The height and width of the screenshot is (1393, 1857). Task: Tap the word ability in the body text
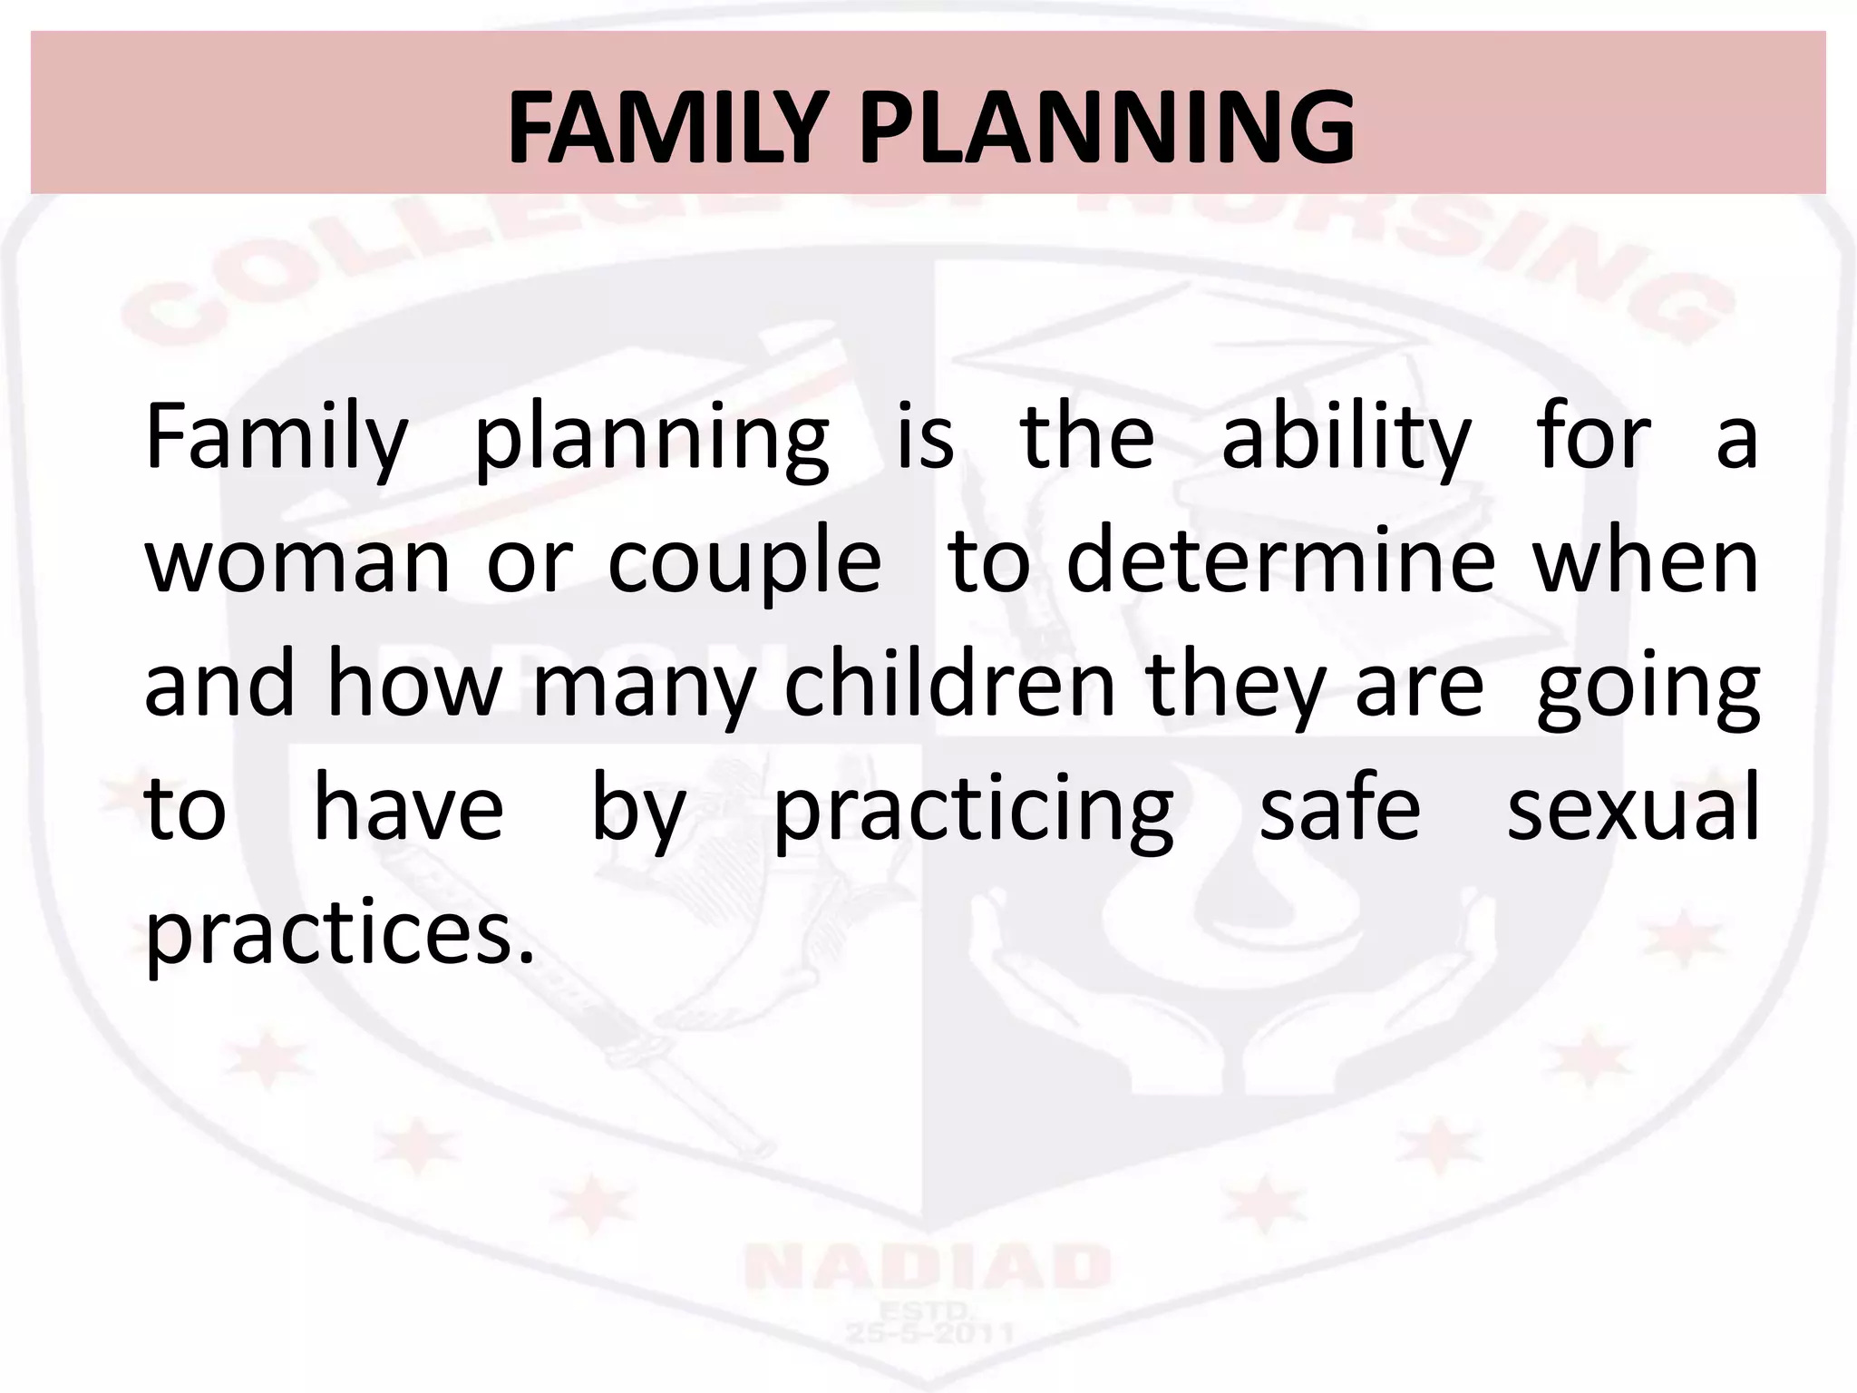click(1346, 439)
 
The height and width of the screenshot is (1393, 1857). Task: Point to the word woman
click(297, 562)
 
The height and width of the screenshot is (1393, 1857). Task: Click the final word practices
click(340, 934)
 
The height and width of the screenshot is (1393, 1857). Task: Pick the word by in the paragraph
click(638, 809)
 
